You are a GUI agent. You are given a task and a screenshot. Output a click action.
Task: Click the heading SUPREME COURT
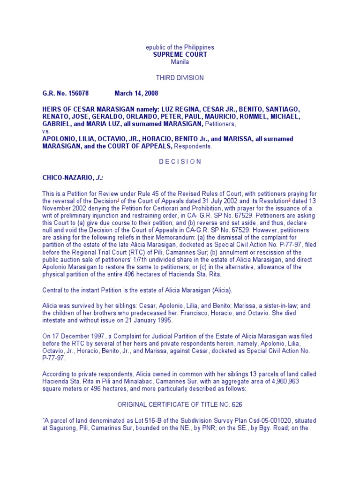pos(180,54)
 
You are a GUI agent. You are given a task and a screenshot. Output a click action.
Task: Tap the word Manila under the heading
pos(180,61)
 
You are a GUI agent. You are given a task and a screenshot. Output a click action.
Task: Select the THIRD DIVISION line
pos(180,77)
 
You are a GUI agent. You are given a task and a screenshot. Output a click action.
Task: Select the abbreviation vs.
pos(46,131)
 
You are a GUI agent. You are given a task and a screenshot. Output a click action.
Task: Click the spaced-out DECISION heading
pos(180,162)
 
